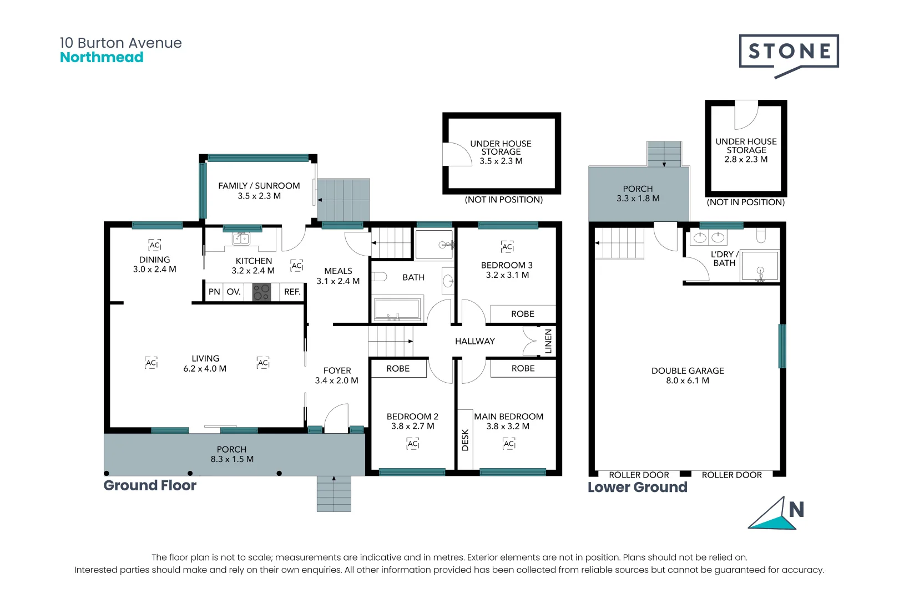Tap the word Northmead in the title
tap(102, 57)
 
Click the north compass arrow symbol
tap(776, 514)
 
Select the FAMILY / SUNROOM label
tap(259, 186)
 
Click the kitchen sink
tap(241, 238)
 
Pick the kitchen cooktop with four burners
tap(261, 292)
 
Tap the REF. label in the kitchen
tap(292, 292)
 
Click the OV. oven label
tap(234, 292)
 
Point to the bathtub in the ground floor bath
tap(397, 309)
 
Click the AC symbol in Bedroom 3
tap(507, 247)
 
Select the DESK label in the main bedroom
tap(465, 440)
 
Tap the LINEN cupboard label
tap(548, 341)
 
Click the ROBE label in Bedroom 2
tap(398, 369)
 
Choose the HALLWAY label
tap(475, 342)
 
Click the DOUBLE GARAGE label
tap(688, 370)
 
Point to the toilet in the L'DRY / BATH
tap(760, 236)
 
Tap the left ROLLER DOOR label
tap(639, 475)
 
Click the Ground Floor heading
tap(150, 485)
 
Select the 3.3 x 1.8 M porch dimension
tap(638, 198)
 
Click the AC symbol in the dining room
tap(155, 245)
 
